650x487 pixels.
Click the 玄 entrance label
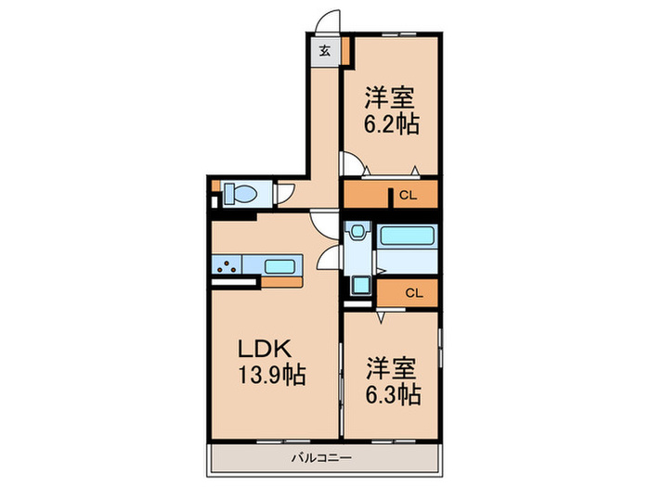pos(325,51)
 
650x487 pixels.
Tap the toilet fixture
pos(240,193)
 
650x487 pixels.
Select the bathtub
pos(407,236)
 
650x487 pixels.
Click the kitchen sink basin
pos(279,266)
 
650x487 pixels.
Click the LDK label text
pos(264,349)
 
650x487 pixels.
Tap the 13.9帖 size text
pos(271,375)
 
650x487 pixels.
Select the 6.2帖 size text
pos(391,123)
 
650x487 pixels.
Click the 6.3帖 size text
pos(393,394)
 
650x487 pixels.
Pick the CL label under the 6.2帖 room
pos(408,195)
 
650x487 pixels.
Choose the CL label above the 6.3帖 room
pos(414,293)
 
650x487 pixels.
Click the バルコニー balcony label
pos(321,457)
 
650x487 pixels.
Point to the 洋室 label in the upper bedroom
pos(389,97)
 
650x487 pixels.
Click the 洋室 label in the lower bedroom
pos(391,368)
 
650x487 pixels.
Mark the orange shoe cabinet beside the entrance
pos(345,51)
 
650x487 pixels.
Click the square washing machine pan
pos(360,286)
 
